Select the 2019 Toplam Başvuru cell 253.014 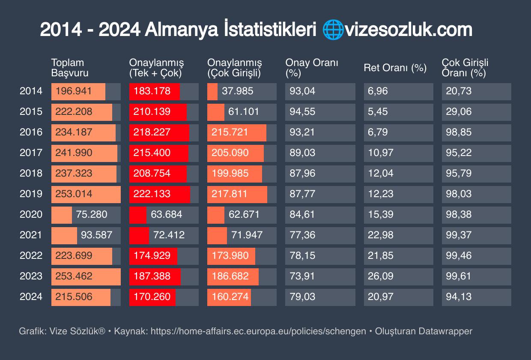click(74, 194)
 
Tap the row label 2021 click(31, 235)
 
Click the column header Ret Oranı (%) click(395, 68)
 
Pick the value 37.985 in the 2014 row click(238, 91)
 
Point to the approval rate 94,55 click(302, 111)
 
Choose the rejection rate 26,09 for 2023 click(380, 276)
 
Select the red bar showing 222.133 click(152, 194)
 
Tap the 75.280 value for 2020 click(92, 214)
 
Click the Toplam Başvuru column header click(70, 68)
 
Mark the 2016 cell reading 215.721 click(230, 132)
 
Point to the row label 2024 click(31, 297)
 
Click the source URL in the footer click(258, 331)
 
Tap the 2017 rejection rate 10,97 click(380, 153)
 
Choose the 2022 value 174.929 click(152, 255)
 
